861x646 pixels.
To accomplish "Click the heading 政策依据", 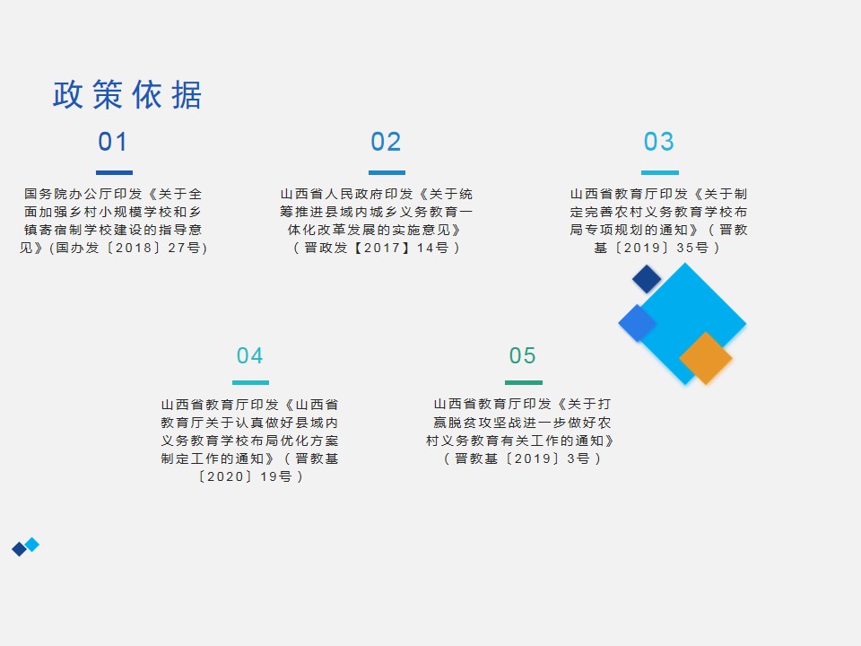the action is click(x=127, y=94).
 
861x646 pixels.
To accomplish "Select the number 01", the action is click(x=113, y=142).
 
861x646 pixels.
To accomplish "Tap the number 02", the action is click(x=386, y=142).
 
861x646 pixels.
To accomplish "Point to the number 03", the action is click(x=659, y=142).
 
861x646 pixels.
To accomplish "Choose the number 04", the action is click(x=250, y=355).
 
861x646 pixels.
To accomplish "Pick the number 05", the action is click(x=522, y=355).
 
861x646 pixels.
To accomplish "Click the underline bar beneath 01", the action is click(x=114, y=172).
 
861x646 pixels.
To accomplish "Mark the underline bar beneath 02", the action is click(x=387, y=172).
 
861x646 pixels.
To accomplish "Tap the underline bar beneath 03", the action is click(x=660, y=172).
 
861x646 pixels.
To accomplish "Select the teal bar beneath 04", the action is click(x=250, y=382).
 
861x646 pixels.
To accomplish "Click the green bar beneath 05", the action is click(x=523, y=382).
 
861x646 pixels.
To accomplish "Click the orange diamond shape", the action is click(x=706, y=358).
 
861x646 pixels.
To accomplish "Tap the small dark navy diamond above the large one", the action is click(x=647, y=279).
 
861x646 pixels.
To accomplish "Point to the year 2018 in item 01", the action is click(x=134, y=248).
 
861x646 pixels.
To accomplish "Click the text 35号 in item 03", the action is click(x=692, y=248).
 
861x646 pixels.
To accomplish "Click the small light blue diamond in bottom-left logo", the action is click(x=32, y=545).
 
